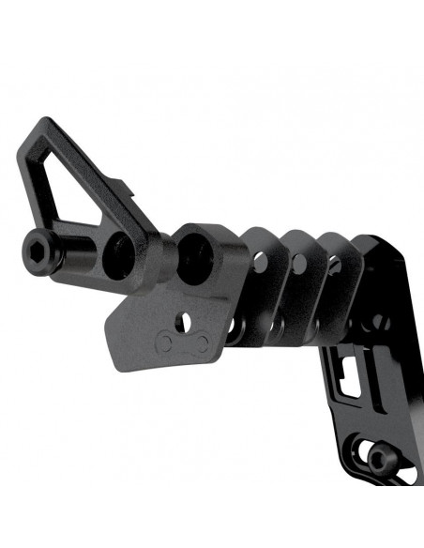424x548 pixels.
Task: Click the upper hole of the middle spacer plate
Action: [298, 264]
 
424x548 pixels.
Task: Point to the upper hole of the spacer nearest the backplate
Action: [335, 266]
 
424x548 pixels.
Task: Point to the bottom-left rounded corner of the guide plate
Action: [119, 360]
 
